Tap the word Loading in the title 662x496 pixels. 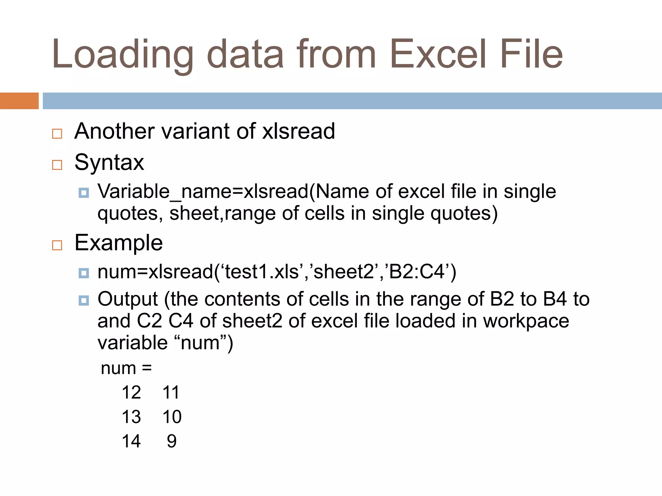click(x=123, y=55)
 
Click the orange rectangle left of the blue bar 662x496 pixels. click(x=19, y=101)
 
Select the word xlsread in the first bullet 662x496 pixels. click(x=298, y=131)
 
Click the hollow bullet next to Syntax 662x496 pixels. click(x=57, y=165)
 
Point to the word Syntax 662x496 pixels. click(x=109, y=162)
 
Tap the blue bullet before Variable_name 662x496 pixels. click(x=84, y=193)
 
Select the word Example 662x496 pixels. click(x=118, y=243)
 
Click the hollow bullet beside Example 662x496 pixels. click(x=57, y=245)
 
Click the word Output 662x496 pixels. click(x=128, y=299)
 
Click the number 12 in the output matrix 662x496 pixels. click(x=131, y=393)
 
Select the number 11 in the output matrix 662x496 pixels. click(x=171, y=393)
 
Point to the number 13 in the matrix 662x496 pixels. click(x=131, y=417)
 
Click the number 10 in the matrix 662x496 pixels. click(x=172, y=417)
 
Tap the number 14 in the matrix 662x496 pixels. click(x=131, y=441)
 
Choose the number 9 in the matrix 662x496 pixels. click(x=172, y=441)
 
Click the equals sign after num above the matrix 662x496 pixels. click(x=147, y=368)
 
